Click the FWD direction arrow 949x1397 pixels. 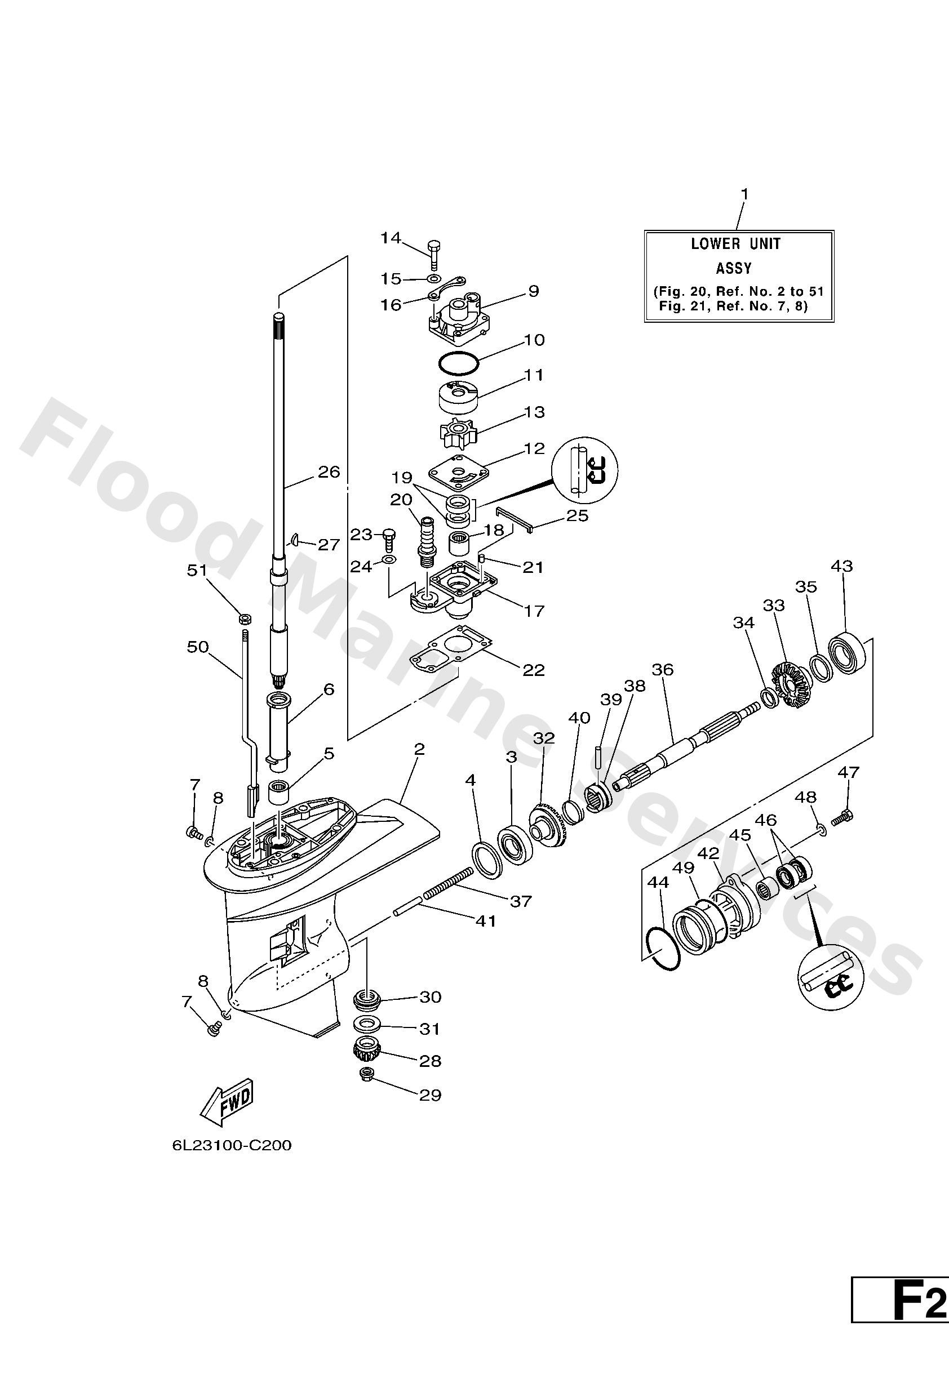(227, 1103)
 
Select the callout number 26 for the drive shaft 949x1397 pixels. (329, 472)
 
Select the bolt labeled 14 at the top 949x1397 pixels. (434, 252)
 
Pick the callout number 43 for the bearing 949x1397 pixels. (841, 566)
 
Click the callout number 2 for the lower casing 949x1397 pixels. (419, 749)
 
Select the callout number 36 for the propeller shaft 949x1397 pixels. (663, 670)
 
